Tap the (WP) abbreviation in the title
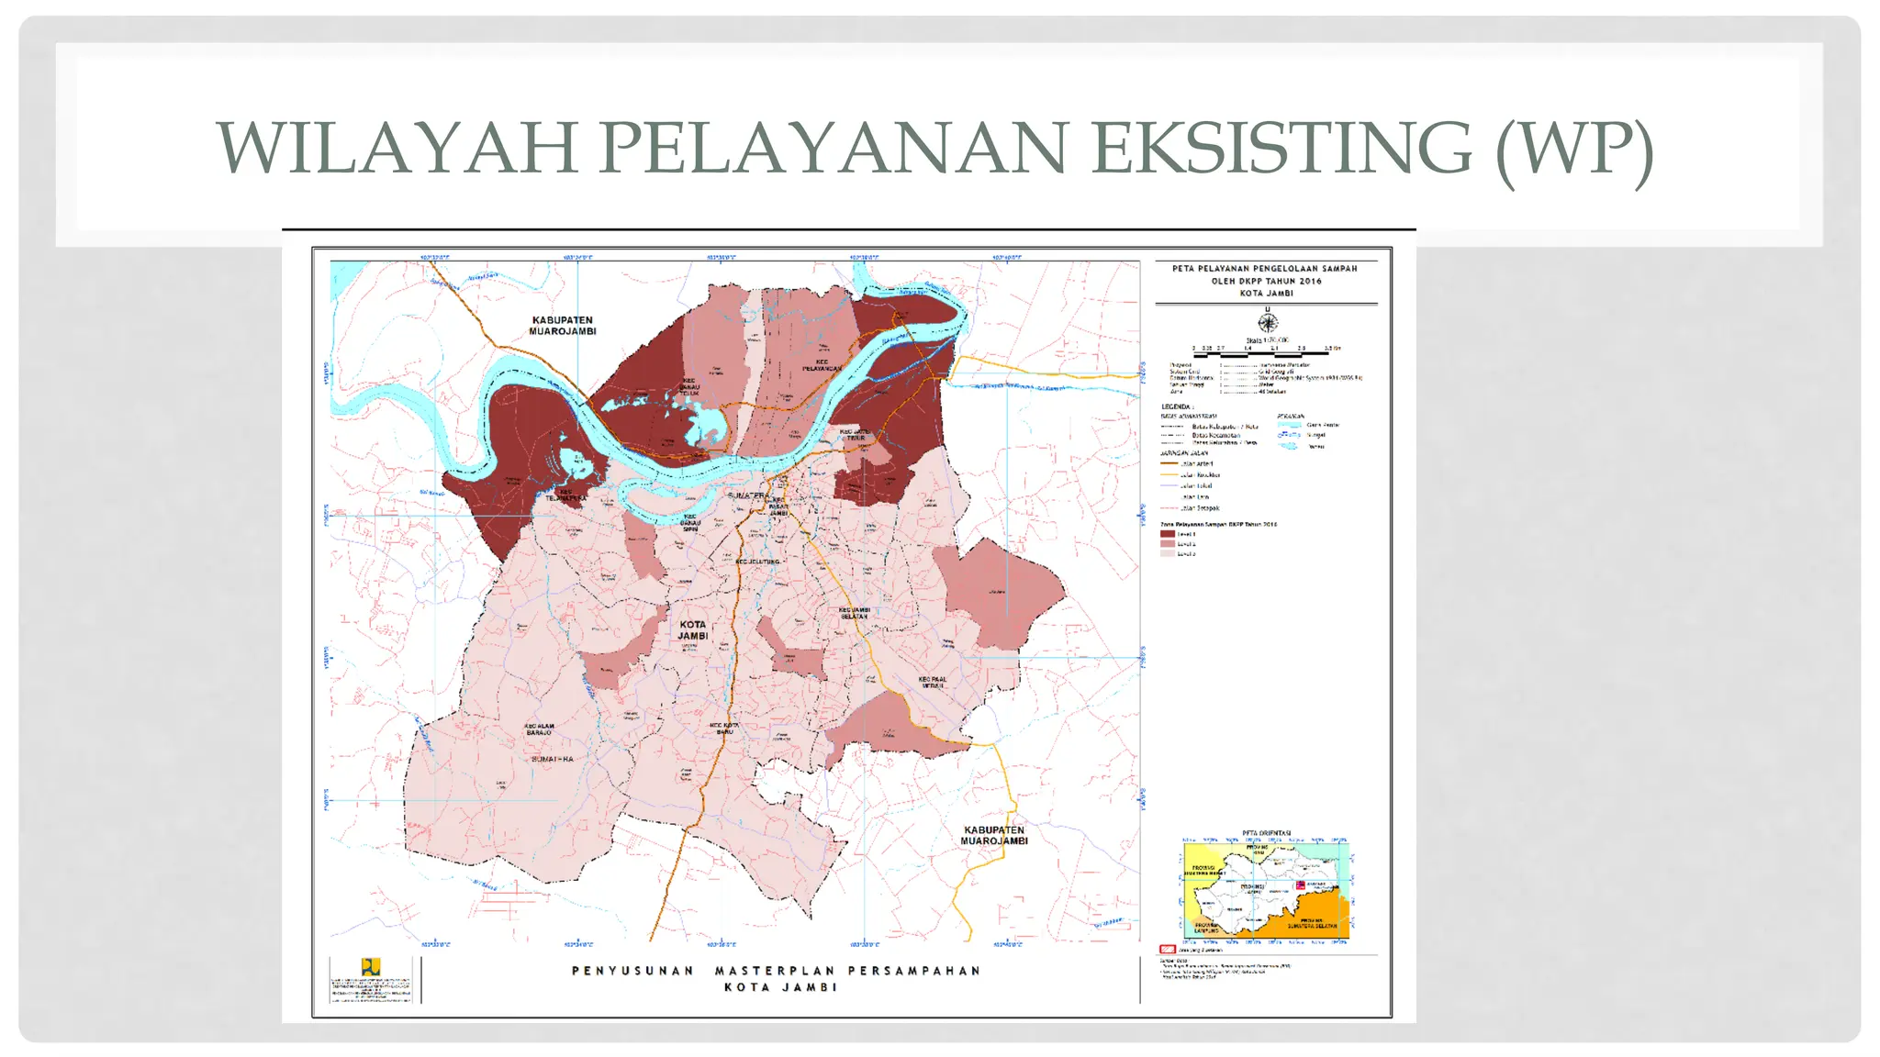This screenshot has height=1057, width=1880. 1574,149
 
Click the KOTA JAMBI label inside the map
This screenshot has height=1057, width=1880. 693,629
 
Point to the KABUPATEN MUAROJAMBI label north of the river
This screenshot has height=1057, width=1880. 562,326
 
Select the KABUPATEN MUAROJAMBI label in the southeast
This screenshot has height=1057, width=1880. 993,835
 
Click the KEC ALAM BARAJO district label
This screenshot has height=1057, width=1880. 539,729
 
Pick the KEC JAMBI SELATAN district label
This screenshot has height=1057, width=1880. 854,613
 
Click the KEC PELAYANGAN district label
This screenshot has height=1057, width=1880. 822,365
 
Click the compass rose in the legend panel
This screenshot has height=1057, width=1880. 1268,322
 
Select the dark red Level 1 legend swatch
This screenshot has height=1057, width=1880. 1167,534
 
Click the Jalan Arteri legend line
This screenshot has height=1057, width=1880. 1169,463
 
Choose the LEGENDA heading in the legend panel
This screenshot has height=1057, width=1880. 1177,406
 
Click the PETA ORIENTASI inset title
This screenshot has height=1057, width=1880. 1266,833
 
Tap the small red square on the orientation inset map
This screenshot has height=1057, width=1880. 1300,885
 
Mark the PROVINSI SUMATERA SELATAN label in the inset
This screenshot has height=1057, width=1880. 1312,925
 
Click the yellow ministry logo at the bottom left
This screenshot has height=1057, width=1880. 370,967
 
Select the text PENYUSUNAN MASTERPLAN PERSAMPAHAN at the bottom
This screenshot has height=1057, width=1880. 776,971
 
